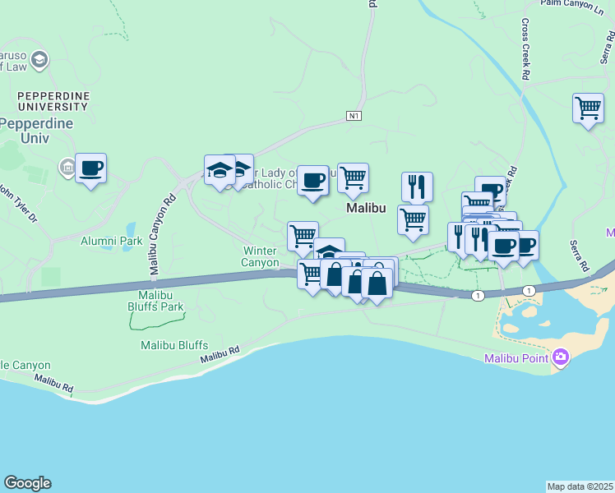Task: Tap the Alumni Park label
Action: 112,241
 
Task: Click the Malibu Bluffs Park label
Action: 161,300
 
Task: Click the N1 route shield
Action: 354,116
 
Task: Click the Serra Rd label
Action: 580,256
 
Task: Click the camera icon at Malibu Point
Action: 561,357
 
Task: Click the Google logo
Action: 27,483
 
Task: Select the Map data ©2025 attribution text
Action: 580,486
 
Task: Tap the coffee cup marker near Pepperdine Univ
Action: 91,168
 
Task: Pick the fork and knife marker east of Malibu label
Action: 418,187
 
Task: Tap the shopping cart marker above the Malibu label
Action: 353,177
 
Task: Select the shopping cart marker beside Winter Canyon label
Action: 303,236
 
